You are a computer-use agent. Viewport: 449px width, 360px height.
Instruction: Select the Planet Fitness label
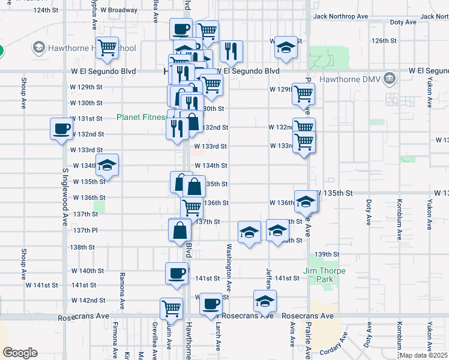point(142,117)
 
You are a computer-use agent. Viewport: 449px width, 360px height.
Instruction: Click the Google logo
point(20,353)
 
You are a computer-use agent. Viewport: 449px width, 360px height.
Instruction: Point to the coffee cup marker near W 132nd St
point(62,129)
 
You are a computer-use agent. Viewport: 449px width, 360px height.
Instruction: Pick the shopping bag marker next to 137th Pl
point(180,230)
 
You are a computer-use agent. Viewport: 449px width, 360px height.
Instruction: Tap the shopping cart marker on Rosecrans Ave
point(172,308)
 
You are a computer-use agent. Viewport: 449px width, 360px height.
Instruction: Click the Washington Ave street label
point(229,263)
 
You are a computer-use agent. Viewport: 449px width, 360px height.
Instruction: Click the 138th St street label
point(83,247)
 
